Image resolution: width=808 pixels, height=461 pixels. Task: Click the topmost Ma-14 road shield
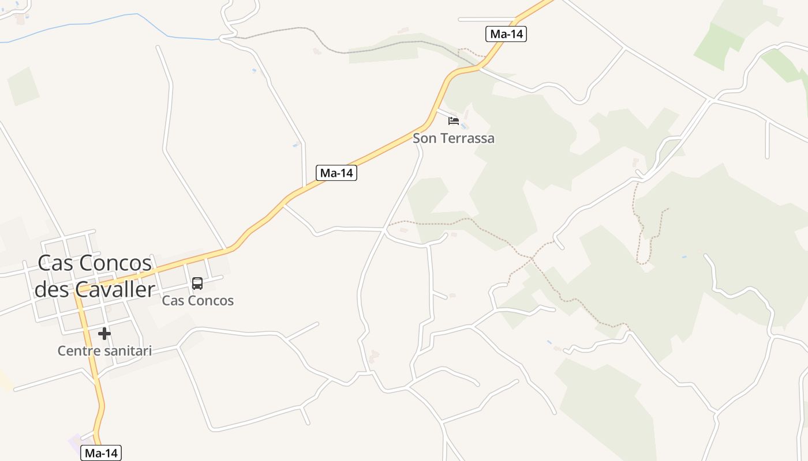(x=506, y=34)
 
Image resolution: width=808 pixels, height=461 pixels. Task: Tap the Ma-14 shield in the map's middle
(x=337, y=172)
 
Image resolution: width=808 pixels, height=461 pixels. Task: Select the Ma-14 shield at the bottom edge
(x=101, y=453)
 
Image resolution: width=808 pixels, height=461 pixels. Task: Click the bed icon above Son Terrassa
(x=454, y=121)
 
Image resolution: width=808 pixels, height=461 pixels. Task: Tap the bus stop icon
(x=197, y=283)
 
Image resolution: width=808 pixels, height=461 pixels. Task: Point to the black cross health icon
(x=104, y=333)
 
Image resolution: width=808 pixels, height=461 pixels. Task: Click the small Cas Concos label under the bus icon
(x=198, y=300)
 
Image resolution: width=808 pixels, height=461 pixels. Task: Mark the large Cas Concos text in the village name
(x=95, y=263)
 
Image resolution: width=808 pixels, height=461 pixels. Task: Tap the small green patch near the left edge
(x=23, y=86)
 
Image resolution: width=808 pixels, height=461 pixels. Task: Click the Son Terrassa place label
(x=454, y=138)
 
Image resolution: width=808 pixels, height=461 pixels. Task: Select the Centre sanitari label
(x=104, y=350)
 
